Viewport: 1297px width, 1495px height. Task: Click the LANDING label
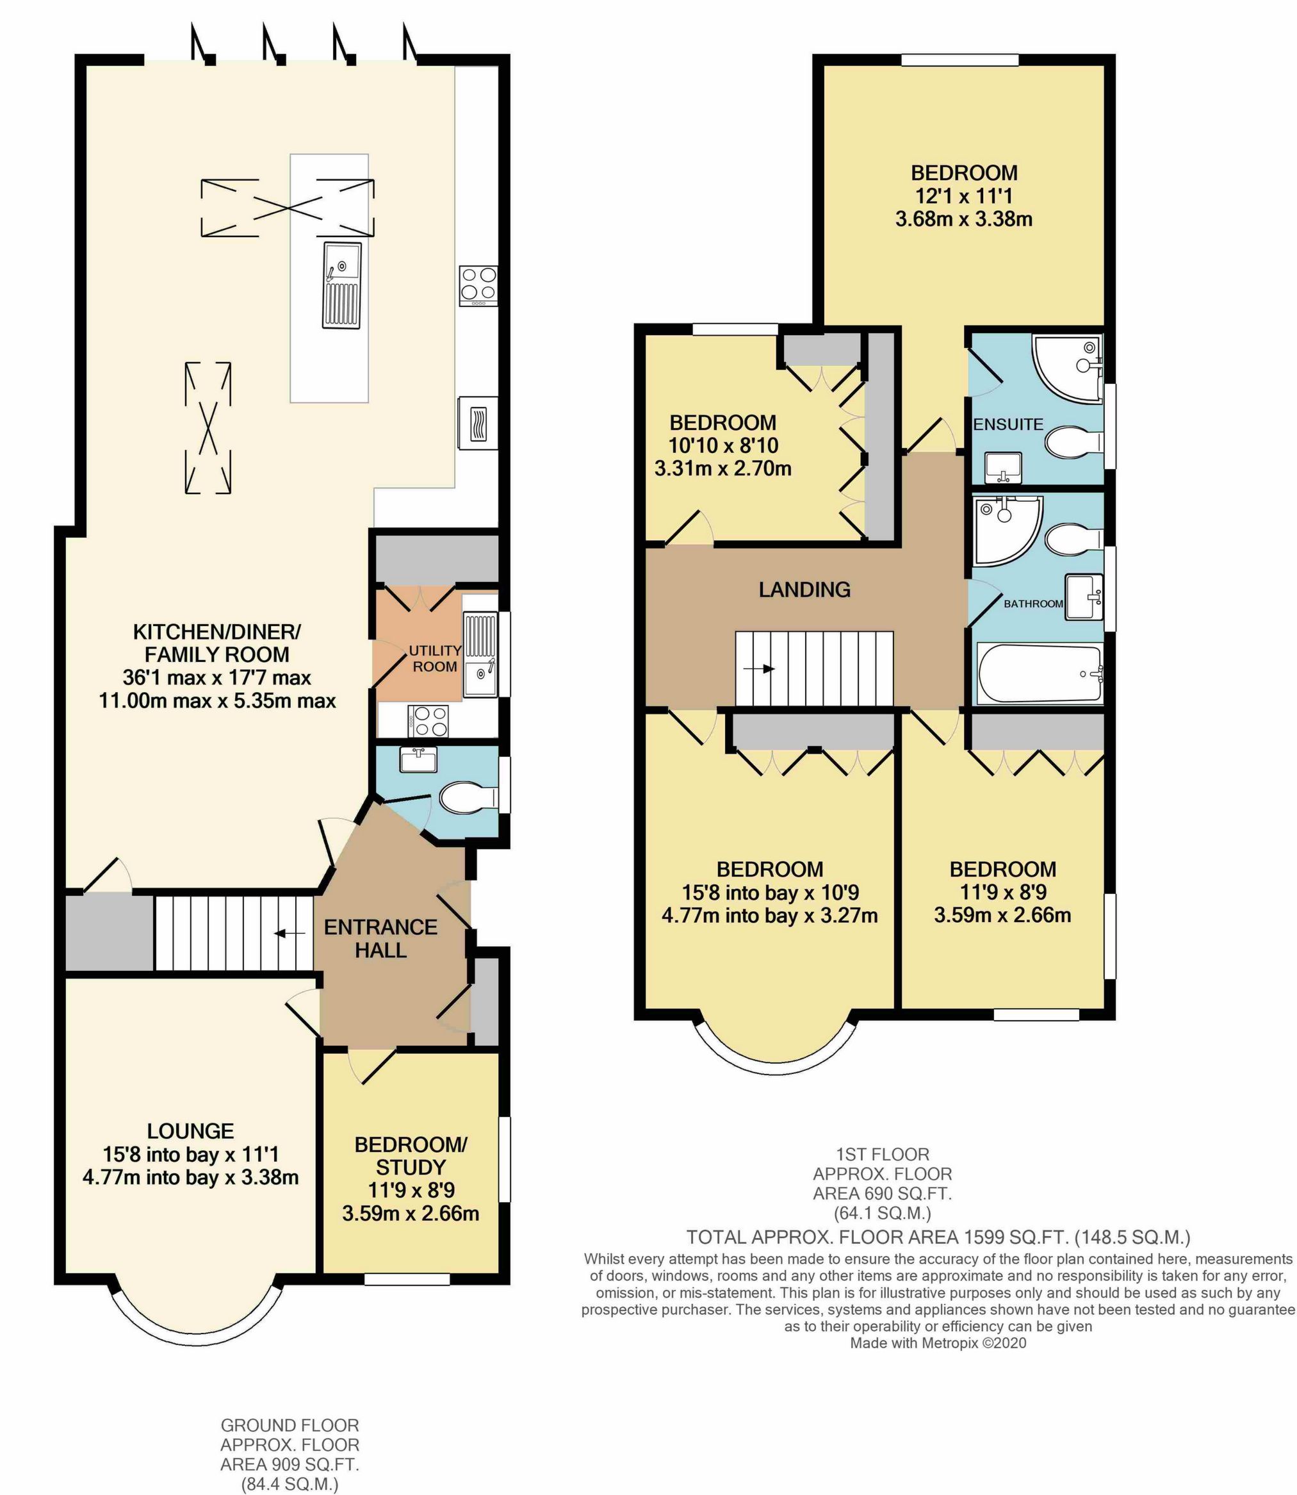coord(804,590)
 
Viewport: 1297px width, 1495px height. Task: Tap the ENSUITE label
coord(1007,424)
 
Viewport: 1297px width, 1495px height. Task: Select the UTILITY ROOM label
coord(435,658)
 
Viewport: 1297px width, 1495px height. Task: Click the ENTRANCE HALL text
coord(380,938)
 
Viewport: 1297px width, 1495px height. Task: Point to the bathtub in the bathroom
coord(1040,673)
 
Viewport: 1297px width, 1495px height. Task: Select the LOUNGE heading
coord(190,1131)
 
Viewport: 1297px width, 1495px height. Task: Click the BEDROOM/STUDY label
coord(411,1156)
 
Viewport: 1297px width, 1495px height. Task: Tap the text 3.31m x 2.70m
coord(722,468)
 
